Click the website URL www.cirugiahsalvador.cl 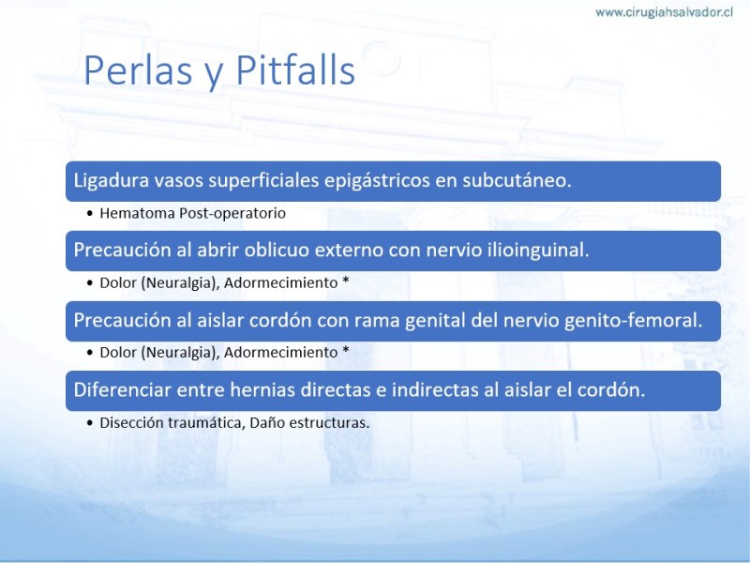(x=664, y=12)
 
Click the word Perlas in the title (x=138, y=70)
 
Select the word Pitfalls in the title (x=295, y=69)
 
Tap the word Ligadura (x=111, y=181)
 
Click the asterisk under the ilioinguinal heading (x=345, y=281)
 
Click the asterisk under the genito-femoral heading (x=345, y=350)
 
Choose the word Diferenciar (x=123, y=389)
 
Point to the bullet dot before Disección (x=90, y=423)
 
